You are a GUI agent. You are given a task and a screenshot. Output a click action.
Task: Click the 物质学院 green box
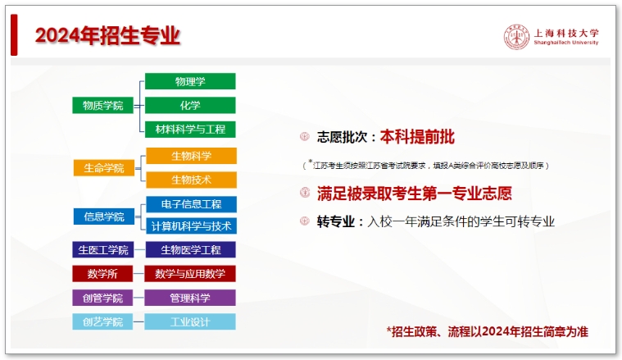pos(103,105)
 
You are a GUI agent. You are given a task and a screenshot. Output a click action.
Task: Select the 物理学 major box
pos(190,81)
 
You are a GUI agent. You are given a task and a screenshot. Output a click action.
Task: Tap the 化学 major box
pos(190,105)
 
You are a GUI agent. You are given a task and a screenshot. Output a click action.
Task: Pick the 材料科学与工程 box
pos(190,129)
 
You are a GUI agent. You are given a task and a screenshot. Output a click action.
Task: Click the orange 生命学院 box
pos(103,168)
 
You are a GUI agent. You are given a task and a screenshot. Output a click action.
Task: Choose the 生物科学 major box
pos(191,156)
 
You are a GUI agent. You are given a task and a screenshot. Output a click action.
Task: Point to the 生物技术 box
pos(191,180)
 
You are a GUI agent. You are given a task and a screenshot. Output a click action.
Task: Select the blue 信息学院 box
pos(103,216)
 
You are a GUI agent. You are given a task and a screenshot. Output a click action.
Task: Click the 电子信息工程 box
pos(191,204)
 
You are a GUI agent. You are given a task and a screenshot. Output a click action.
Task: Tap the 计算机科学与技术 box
pos(191,226)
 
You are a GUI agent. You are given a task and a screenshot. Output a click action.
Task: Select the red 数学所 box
pos(103,274)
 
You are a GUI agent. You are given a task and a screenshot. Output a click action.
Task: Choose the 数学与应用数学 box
pos(191,274)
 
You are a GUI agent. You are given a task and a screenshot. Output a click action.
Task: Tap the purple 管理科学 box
pos(191,298)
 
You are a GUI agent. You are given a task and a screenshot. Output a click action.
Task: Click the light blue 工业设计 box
pos(191,321)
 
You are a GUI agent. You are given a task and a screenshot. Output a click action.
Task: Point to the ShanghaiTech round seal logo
pos(516,37)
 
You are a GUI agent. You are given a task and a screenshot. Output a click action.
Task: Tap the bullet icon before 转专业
pos(304,221)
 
